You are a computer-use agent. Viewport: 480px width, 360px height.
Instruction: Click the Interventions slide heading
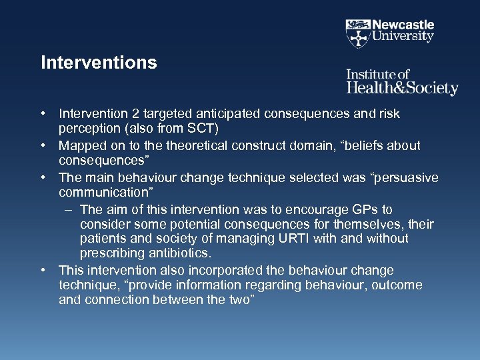click(x=99, y=63)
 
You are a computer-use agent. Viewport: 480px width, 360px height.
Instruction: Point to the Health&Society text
click(x=402, y=88)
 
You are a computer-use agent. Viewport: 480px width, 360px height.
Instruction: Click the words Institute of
click(x=377, y=74)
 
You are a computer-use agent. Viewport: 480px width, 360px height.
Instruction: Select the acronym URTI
click(x=283, y=239)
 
